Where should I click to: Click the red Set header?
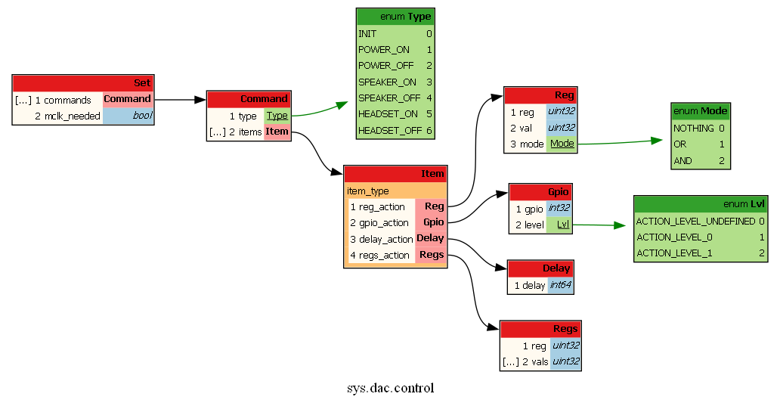click(83, 83)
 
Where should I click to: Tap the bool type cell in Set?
click(127, 116)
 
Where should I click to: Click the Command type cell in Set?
click(127, 99)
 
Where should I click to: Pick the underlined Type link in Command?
click(277, 116)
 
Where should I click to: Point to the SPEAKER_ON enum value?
click(387, 82)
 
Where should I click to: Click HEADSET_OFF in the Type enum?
click(389, 130)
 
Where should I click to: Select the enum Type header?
click(395, 17)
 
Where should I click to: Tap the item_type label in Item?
click(368, 191)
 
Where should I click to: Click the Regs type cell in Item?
click(431, 255)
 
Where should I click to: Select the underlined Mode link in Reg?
click(562, 144)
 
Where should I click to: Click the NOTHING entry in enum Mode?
click(693, 129)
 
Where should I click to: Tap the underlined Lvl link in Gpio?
click(562, 225)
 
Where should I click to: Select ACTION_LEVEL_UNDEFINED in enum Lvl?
click(695, 222)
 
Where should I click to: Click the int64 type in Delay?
click(560, 285)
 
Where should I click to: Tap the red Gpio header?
click(540, 191)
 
